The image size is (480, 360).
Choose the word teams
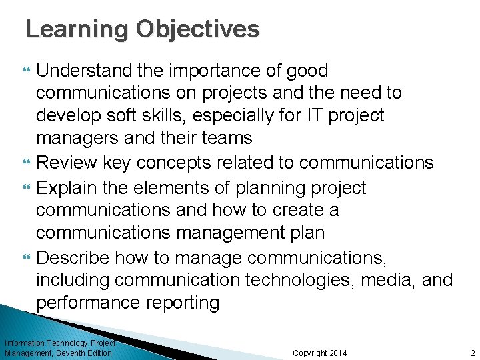(225, 138)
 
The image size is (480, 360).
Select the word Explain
(65, 188)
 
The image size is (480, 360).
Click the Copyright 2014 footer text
(320, 353)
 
